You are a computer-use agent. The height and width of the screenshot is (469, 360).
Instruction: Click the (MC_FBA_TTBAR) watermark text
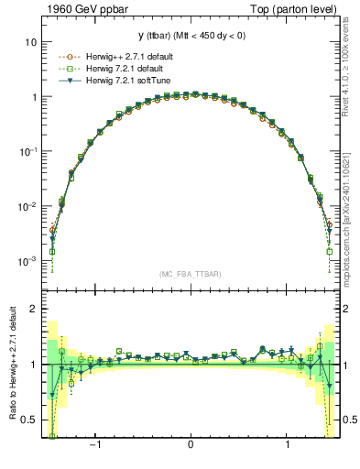(x=191, y=274)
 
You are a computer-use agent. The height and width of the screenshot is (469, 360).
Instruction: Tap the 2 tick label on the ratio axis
(x=34, y=309)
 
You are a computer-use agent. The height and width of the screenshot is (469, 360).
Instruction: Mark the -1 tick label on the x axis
(x=93, y=444)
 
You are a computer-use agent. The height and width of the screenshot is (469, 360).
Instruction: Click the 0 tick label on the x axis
(x=190, y=444)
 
